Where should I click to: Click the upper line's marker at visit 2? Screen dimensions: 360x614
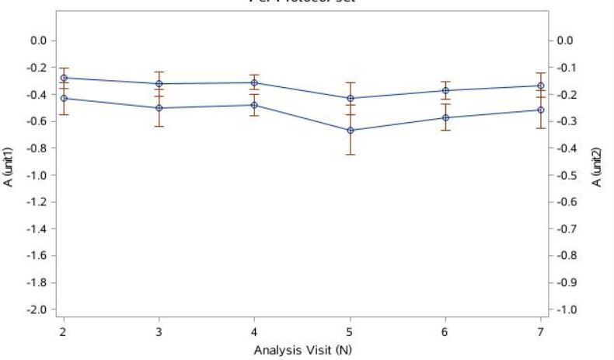pyautogui.click(x=64, y=78)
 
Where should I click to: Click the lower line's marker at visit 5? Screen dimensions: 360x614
pyautogui.click(x=351, y=130)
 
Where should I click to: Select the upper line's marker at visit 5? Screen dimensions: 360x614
pyautogui.click(x=351, y=98)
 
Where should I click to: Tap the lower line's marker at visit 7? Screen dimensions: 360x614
pyautogui.click(x=541, y=110)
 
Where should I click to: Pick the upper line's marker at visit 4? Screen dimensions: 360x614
pyautogui.click(x=255, y=82)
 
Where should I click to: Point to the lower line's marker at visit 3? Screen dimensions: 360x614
pyautogui.click(x=159, y=107)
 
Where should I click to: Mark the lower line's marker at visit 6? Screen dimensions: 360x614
pyautogui.click(x=445, y=117)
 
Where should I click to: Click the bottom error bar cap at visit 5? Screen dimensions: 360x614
pyautogui.click(x=351, y=155)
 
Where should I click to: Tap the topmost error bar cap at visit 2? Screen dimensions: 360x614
pyautogui.click(x=64, y=68)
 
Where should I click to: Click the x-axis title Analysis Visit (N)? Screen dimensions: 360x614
pyautogui.click(x=303, y=349)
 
